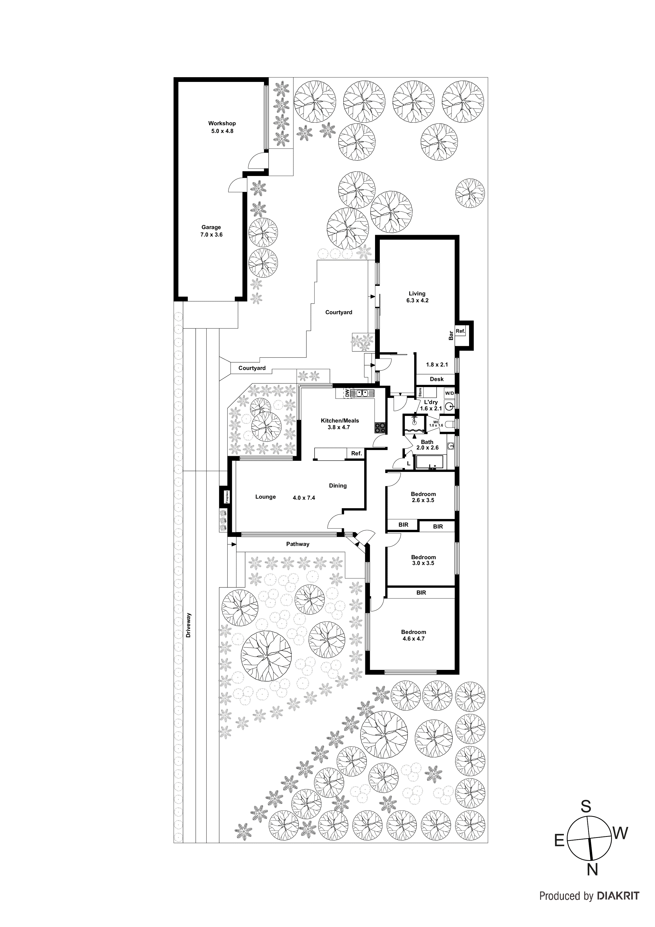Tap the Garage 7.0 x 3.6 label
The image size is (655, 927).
point(211,231)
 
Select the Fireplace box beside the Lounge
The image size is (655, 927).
point(227,496)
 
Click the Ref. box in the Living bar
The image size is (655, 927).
point(460,331)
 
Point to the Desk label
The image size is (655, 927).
point(436,379)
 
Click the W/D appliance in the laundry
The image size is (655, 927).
point(449,393)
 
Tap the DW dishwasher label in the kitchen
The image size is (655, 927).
point(346,393)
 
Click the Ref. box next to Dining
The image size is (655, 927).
point(356,453)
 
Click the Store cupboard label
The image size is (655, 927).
point(420,392)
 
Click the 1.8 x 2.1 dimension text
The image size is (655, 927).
point(437,365)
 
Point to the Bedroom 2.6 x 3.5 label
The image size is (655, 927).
point(423,497)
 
